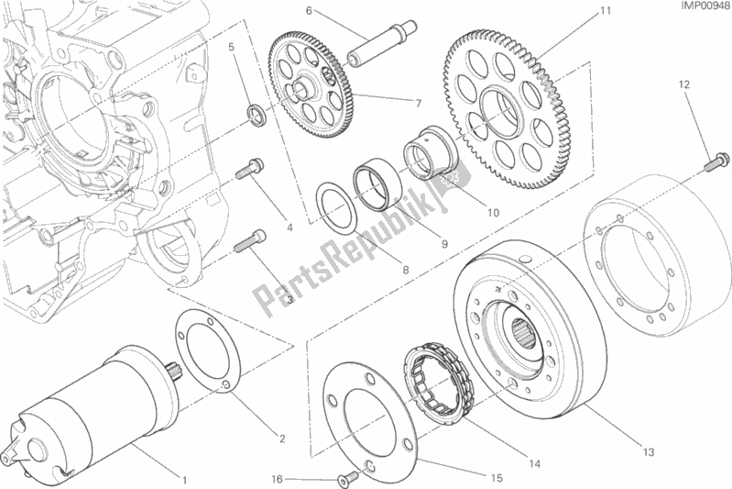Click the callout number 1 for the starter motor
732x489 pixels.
point(184,480)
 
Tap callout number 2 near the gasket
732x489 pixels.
point(282,439)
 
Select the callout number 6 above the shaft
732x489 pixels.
point(309,10)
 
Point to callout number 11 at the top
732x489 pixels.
point(606,10)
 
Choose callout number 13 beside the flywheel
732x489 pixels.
point(649,452)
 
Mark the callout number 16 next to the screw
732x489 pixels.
point(278,479)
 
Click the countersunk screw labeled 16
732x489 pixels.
point(347,477)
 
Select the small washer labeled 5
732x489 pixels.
point(257,116)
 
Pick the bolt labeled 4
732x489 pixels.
point(249,169)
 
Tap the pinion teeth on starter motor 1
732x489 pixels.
point(173,372)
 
